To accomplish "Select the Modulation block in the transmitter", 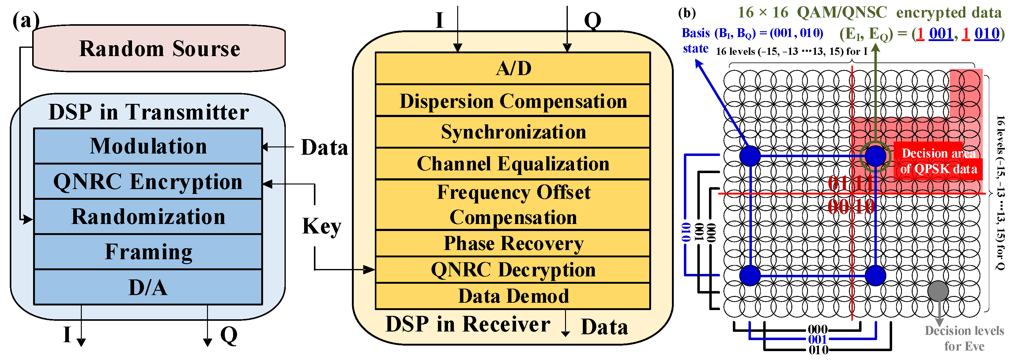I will coord(148,146).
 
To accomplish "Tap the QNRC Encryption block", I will coord(148,181).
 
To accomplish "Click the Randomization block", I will coord(148,217).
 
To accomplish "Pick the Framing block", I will coord(148,252).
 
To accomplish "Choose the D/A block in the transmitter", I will coord(148,287).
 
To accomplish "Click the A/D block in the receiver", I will coord(513,68).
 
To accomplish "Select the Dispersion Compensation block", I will coord(513,101).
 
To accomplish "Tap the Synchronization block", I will coord(513,132).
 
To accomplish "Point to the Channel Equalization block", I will coord(513,164).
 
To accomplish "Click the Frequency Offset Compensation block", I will coord(513,205).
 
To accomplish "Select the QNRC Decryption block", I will coord(513,270).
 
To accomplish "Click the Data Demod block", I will coord(513,296).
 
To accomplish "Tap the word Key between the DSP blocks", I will coord(321,226).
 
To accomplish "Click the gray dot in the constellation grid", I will coord(938,291).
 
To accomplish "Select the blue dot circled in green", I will coord(875,156).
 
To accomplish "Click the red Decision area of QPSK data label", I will coord(938,161).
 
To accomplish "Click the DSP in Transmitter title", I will coord(149,112).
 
